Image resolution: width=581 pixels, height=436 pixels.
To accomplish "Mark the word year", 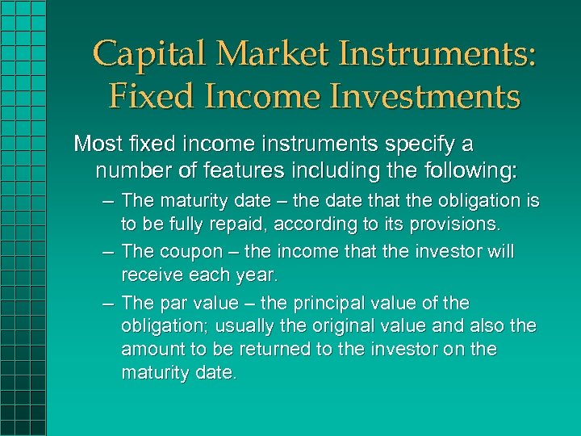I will click(x=257, y=276).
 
